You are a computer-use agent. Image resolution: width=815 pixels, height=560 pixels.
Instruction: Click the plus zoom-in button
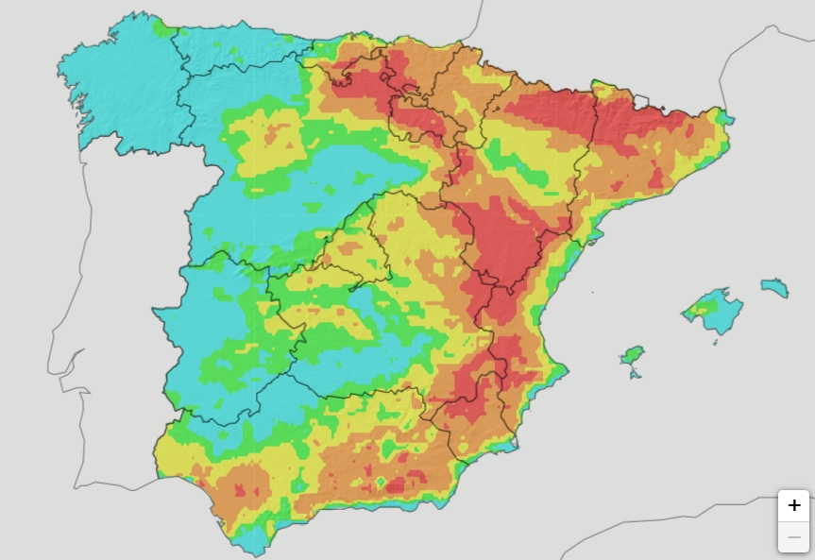coord(793,505)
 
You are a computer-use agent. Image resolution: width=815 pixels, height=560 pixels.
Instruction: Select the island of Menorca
coord(775,287)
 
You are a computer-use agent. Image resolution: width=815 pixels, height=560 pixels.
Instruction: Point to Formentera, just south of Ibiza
coord(634,375)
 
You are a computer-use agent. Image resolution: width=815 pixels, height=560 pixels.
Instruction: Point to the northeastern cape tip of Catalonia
coord(730,120)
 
